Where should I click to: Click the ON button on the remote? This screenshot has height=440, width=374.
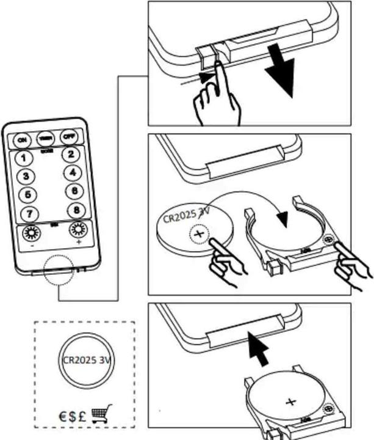click(x=22, y=140)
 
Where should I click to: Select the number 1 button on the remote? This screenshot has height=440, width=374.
click(x=23, y=158)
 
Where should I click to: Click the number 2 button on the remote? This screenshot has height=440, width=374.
click(x=71, y=155)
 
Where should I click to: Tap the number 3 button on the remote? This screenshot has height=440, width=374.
click(x=26, y=177)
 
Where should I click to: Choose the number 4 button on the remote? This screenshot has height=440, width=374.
click(x=73, y=173)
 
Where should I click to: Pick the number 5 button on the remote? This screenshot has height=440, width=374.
click(x=27, y=196)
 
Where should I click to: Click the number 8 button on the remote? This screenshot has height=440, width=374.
click(x=76, y=210)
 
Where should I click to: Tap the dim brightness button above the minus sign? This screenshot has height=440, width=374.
click(x=31, y=233)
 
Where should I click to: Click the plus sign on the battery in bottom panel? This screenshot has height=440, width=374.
click(x=290, y=402)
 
